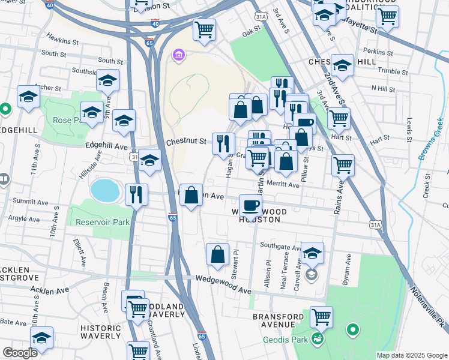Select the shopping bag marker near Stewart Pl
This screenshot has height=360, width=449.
pyautogui.click(x=217, y=254)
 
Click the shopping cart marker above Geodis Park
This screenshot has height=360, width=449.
pyautogui.click(x=322, y=317)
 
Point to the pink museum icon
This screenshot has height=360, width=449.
pyautogui.click(x=178, y=56)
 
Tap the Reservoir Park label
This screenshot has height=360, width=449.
pyautogui.click(x=103, y=222)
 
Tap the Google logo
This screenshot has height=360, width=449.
pyautogui.click(x=20, y=353)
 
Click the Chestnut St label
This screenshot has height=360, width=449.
pyautogui.click(x=186, y=142)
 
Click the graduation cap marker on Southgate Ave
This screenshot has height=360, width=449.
pyautogui.click(x=312, y=253)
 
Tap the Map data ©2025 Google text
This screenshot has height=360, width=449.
pyautogui.click(x=412, y=355)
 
